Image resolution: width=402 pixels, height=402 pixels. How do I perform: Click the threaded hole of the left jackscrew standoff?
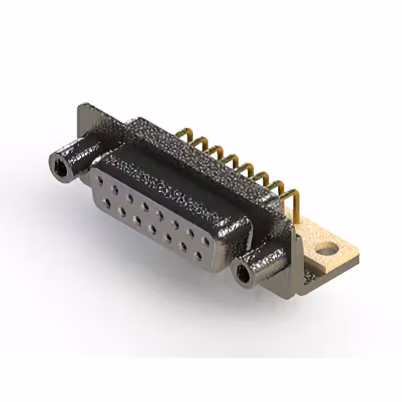click(57, 165)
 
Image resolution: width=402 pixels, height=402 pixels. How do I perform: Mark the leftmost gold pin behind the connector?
click(185, 134)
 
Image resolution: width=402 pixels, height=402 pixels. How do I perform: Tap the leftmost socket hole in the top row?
click(100, 181)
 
